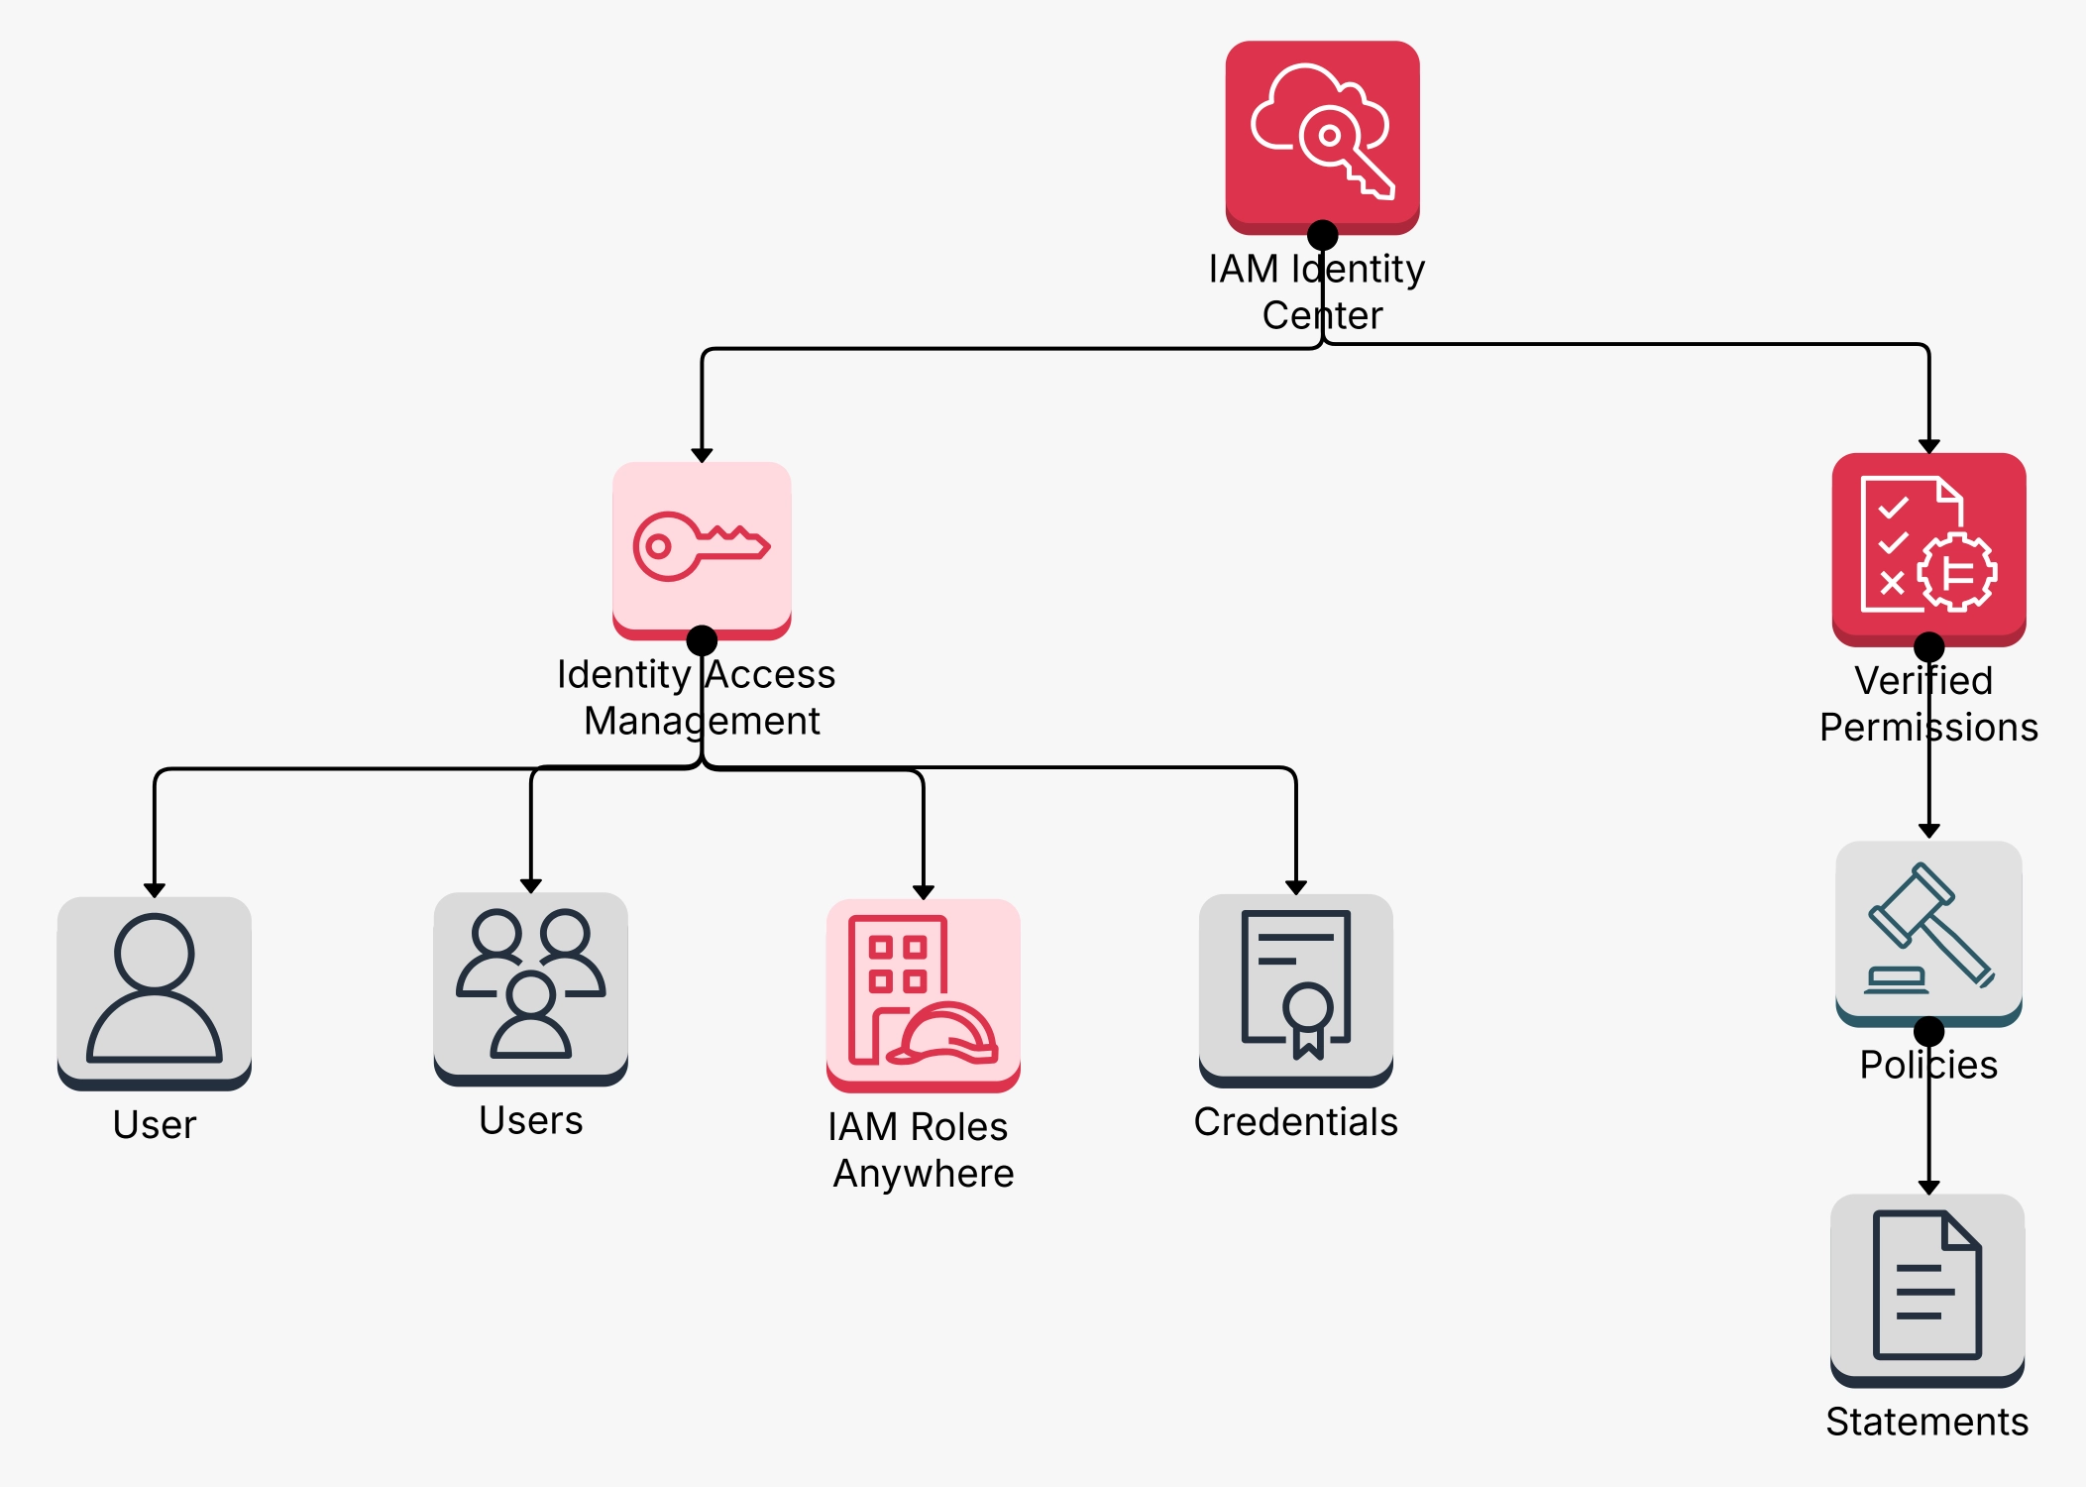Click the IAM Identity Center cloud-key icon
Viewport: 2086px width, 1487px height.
pyautogui.click(x=1322, y=133)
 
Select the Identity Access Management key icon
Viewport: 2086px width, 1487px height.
pyautogui.click(x=701, y=546)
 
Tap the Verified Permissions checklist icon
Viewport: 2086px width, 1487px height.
pyautogui.click(x=1927, y=545)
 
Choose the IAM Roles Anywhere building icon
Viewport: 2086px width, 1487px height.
pyautogui.click(x=923, y=990)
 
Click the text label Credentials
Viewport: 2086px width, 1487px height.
pyautogui.click(x=1295, y=1122)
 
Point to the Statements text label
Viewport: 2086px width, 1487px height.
pyautogui.click(x=1926, y=1422)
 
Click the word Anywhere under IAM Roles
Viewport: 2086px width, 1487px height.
pyautogui.click(x=923, y=1174)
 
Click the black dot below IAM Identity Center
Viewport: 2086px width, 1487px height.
pyautogui.click(x=1322, y=235)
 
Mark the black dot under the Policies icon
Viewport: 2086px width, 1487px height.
pyautogui.click(x=1928, y=1031)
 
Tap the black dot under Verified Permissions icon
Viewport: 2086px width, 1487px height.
pyautogui.click(x=1928, y=646)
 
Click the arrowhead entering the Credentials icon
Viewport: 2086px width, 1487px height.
pyautogui.click(x=1295, y=887)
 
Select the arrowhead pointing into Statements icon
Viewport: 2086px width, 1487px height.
pyautogui.click(x=1928, y=1187)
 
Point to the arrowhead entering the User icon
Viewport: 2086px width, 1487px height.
pyautogui.click(x=154, y=890)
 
